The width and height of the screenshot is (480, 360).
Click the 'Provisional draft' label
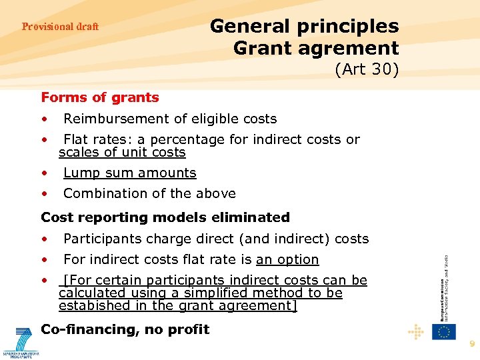point(60,27)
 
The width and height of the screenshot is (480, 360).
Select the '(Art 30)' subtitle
point(366,69)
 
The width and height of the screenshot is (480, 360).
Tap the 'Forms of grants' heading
point(100,97)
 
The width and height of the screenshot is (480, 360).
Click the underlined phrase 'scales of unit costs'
point(122,153)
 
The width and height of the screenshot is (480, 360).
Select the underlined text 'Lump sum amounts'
point(129,173)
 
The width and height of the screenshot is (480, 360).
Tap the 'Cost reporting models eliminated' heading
point(165,217)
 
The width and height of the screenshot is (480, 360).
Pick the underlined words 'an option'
point(287,259)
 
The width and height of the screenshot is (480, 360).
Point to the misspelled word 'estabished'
point(92,306)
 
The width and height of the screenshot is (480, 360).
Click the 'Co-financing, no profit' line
point(125,329)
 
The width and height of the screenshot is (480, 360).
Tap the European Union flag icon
point(443,331)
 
